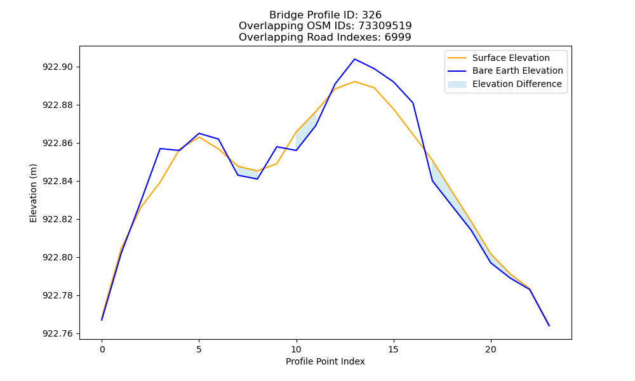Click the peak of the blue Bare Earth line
coord(355,59)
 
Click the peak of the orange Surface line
coord(355,81)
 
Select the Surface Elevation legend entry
coord(498,58)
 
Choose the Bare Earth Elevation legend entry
coord(505,71)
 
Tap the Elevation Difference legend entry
coord(505,84)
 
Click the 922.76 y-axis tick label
coord(58,333)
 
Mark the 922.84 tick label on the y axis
coord(58,181)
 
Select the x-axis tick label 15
coord(393,349)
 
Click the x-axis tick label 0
coord(102,349)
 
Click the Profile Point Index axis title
coord(325,361)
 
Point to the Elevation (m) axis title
coord(33,193)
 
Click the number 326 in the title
coord(371,15)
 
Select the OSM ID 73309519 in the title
coord(385,26)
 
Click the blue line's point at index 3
coord(160,149)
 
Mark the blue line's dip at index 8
coord(257,179)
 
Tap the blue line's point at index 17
coord(432,180)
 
